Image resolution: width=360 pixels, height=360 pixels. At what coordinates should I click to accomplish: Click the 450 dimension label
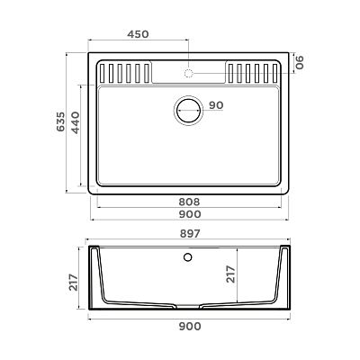coord(138,34)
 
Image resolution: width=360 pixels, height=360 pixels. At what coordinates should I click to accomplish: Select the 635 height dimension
coord(60,121)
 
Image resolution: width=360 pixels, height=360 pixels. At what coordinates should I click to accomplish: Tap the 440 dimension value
coord(76,122)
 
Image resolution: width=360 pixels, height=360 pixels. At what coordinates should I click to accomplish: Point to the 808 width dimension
coord(189,202)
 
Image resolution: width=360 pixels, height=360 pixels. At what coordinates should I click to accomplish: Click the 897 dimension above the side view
coord(190,234)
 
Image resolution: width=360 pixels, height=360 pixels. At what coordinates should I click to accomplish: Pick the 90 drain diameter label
coord(216,105)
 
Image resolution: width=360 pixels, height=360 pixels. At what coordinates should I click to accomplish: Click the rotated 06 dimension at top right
coord(300,62)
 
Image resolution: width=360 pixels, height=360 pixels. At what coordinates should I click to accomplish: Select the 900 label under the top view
coord(190,214)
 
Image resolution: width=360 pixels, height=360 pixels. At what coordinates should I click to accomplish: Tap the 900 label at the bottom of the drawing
coord(190,326)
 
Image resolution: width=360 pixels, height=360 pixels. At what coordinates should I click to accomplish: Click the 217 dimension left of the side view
coord(74,282)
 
